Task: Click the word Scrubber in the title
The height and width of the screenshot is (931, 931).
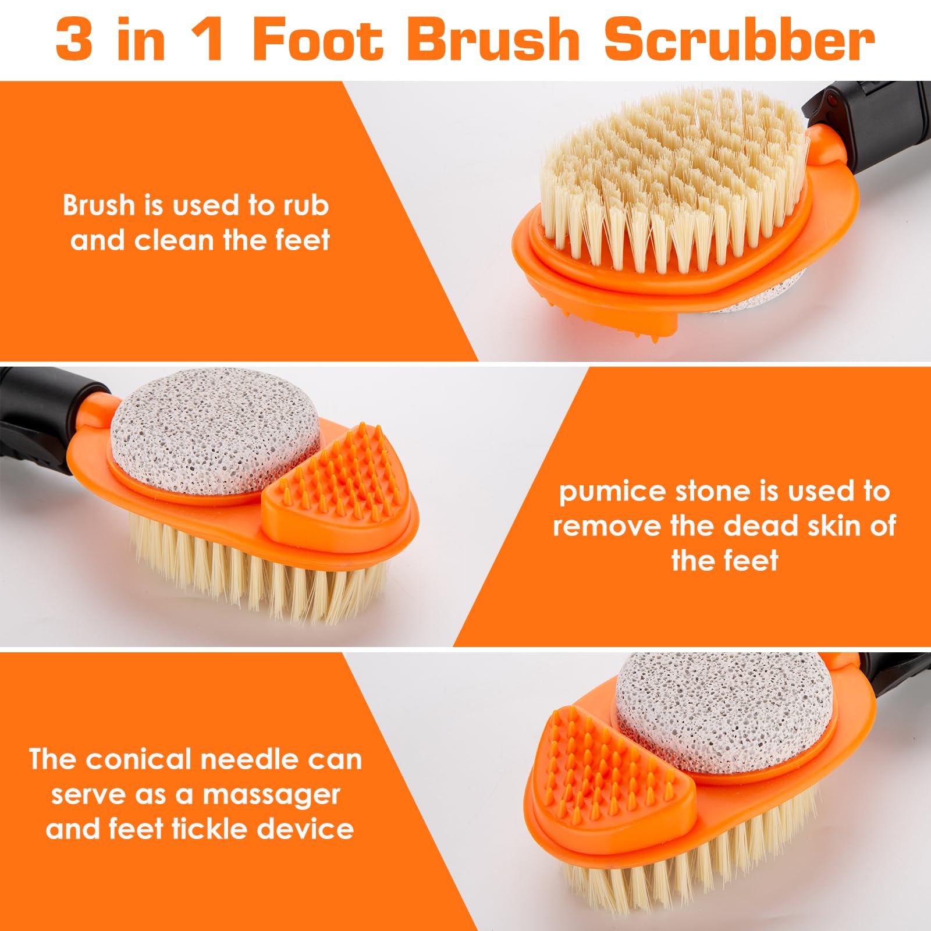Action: (x=739, y=40)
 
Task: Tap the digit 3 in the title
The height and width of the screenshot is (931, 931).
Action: (x=74, y=40)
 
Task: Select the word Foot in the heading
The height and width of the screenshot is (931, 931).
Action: (x=318, y=40)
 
